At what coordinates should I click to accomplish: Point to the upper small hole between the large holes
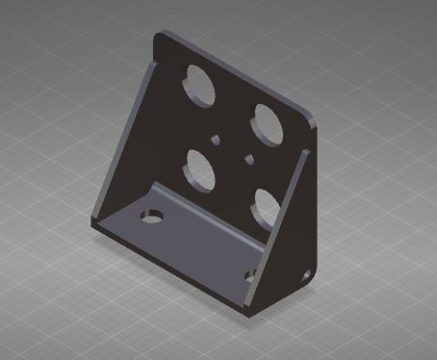[x=218, y=138]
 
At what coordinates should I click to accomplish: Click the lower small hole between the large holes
[x=248, y=157]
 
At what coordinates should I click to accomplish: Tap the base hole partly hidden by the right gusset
[x=250, y=276]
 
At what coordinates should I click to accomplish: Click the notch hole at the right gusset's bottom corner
[x=307, y=276]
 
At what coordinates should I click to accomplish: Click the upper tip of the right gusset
[x=306, y=151]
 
